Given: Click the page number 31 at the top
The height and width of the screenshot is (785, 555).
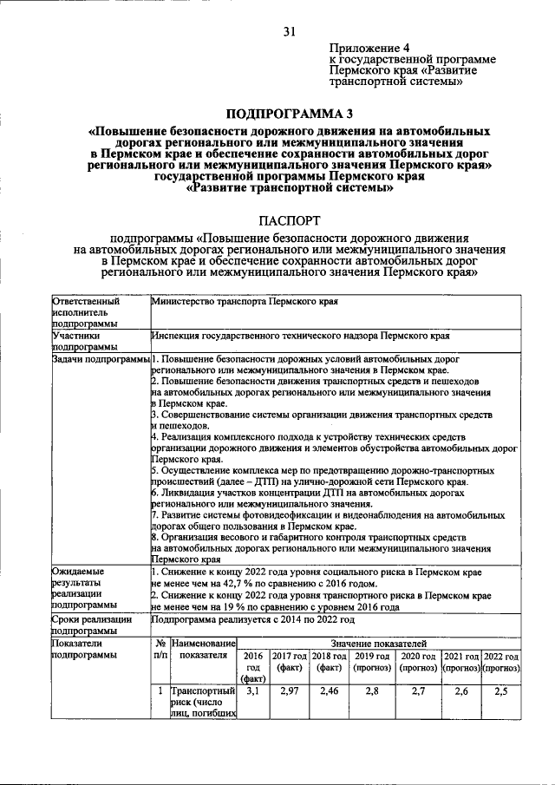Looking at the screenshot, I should click(x=290, y=31).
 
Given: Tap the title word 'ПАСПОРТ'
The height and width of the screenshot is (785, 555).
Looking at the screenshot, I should click(x=290, y=221).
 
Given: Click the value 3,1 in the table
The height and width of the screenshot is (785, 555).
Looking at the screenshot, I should click(x=253, y=691).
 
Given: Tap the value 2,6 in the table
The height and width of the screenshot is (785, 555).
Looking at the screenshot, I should click(x=461, y=691).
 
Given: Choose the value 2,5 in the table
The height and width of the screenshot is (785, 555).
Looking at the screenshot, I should click(x=501, y=691).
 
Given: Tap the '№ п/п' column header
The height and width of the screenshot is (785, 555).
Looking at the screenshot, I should click(x=160, y=650).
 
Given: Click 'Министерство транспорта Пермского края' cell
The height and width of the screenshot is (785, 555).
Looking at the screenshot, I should click(x=244, y=303).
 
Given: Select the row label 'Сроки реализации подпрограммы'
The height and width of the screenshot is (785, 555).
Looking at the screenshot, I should click(x=91, y=625).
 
